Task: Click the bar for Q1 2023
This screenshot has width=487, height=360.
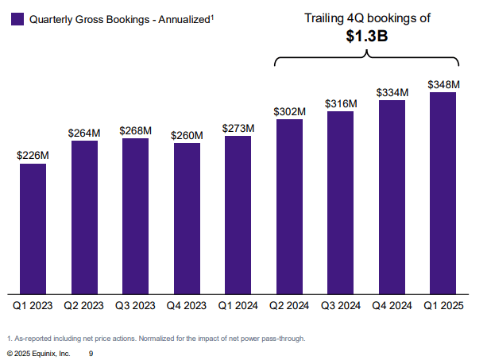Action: [33, 229]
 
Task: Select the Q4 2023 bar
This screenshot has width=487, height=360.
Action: [187, 219]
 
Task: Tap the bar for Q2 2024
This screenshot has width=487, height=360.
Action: [289, 207]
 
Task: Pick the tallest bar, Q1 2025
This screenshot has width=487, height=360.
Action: [443, 193]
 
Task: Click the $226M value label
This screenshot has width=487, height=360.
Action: [33, 156]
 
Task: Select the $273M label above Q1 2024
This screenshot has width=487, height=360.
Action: [238, 128]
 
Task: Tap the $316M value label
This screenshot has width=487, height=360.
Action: [341, 103]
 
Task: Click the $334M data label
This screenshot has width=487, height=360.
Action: [392, 92]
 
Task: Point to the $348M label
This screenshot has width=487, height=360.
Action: [443, 84]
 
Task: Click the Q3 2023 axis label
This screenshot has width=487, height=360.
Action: [136, 304]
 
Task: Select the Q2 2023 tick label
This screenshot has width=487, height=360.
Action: [84, 304]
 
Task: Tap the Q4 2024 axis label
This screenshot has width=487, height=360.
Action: [392, 304]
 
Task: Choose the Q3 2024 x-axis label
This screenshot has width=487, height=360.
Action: [341, 304]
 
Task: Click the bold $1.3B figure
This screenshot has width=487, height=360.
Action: [367, 36]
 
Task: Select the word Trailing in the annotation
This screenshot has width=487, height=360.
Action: [325, 17]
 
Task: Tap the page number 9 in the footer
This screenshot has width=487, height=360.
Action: [91, 352]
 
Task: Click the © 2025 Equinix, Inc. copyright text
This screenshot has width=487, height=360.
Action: [39, 352]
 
